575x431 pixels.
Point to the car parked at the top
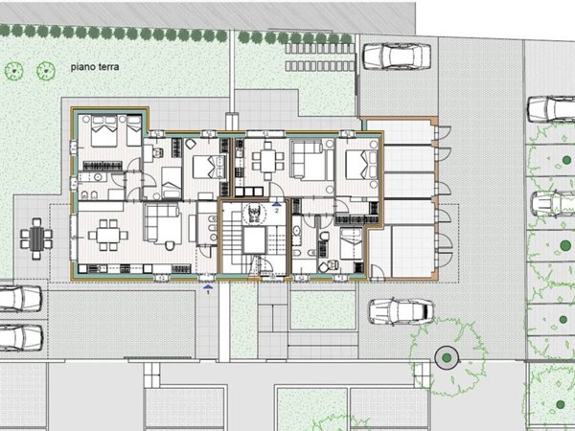click(395, 57)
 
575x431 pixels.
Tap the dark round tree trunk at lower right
click(446, 358)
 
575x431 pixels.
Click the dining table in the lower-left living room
click(107, 234)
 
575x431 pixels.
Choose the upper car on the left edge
click(19, 299)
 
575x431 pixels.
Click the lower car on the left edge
click(19, 337)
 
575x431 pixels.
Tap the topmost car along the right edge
click(552, 107)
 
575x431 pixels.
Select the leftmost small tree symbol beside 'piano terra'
click(13, 69)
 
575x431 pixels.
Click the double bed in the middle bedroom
click(205, 168)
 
